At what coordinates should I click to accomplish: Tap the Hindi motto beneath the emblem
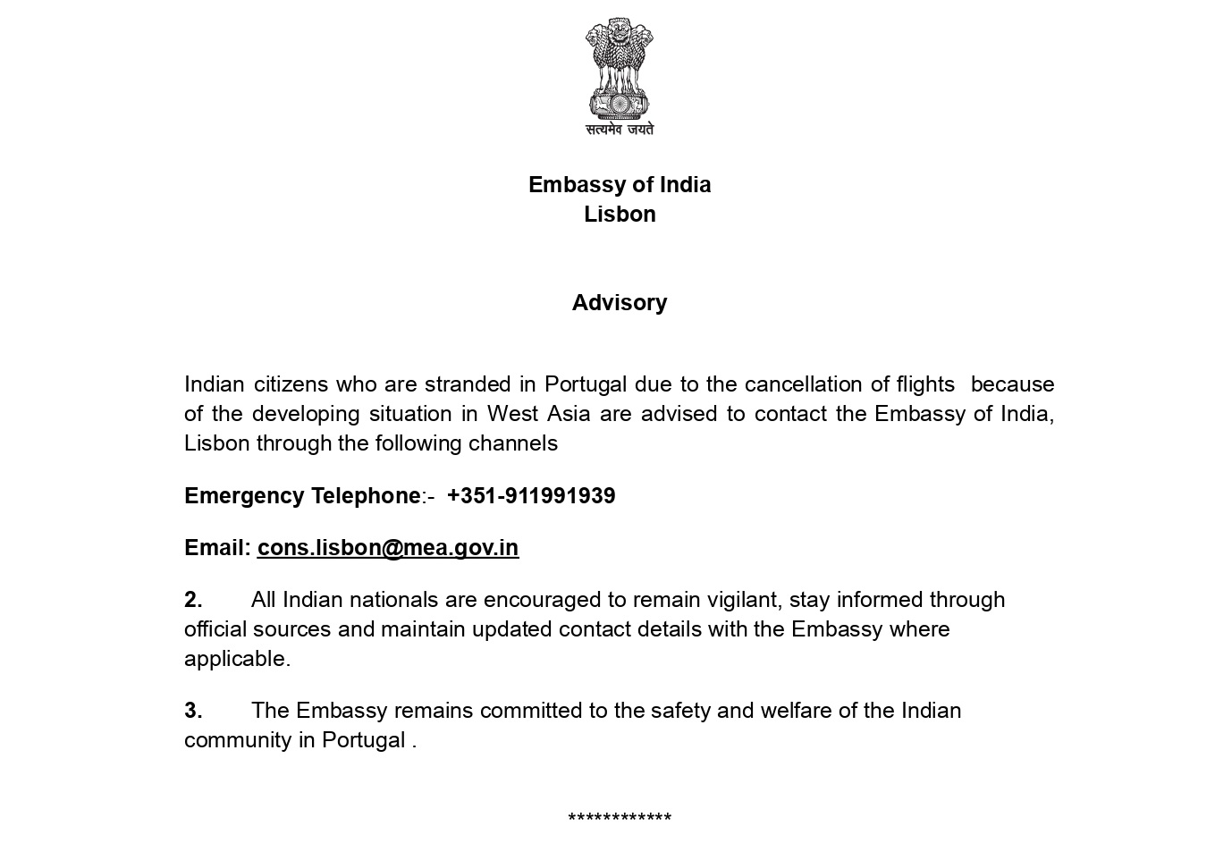point(619,130)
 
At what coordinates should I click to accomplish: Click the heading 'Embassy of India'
point(620,185)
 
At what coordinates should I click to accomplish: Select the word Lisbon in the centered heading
point(620,215)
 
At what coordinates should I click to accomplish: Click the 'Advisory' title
point(620,303)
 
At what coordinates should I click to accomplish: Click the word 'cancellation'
point(804,384)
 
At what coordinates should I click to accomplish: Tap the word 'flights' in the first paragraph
point(925,384)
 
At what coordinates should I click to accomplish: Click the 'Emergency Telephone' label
point(302,496)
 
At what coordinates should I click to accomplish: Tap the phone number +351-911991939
point(531,496)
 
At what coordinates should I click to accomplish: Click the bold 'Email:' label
point(217,548)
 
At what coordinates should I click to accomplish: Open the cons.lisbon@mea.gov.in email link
point(388,548)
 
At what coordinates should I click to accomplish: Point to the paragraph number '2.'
point(193,600)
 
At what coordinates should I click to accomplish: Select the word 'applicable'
point(236,659)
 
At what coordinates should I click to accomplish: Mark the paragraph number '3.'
point(193,711)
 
